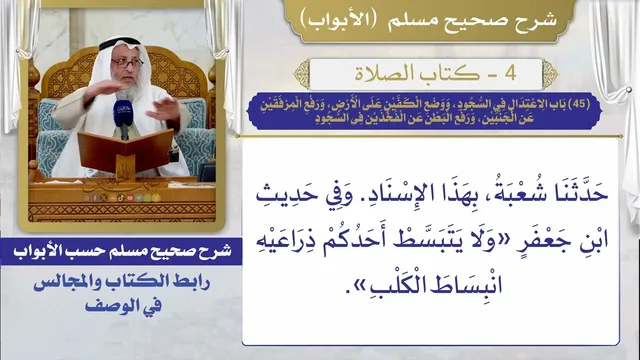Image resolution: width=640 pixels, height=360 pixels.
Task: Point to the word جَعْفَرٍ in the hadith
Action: coord(551,239)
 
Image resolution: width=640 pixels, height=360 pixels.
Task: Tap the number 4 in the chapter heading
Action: coord(510,73)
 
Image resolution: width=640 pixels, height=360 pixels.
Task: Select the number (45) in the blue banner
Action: coord(579,104)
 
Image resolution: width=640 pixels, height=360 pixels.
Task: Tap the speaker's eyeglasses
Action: coord(127,63)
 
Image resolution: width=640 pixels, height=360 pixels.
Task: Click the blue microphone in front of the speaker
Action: coord(122,114)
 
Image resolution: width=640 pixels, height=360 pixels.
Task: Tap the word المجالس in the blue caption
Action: coord(69,282)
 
